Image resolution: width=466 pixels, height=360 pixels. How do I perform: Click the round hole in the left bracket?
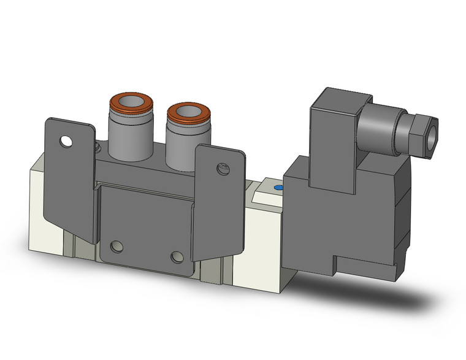65,143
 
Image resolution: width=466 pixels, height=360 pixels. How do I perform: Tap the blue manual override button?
278,188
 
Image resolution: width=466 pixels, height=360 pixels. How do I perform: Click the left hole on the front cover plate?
116,247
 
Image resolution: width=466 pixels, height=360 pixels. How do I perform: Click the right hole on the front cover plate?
177,256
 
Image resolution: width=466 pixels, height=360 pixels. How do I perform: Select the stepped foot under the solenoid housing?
362,267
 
